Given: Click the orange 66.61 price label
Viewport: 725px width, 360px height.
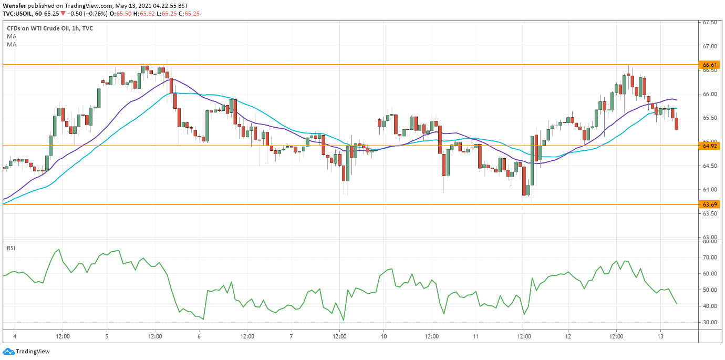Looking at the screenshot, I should pyautogui.click(x=710, y=65).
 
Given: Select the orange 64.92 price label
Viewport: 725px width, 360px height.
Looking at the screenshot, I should pyautogui.click(x=710, y=146).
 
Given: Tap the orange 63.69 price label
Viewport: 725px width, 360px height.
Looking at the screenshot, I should pyautogui.click(x=710, y=204).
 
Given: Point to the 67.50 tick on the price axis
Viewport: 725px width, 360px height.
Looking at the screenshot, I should pyautogui.click(x=710, y=23).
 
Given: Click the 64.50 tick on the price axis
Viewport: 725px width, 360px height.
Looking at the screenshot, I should pyautogui.click(x=710, y=166).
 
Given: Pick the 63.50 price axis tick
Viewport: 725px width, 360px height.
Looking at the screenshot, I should pyautogui.click(x=710, y=213).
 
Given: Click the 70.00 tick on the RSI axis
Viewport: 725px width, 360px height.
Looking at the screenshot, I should pyautogui.click(x=710, y=258).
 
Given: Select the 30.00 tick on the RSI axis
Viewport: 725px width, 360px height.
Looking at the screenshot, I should pyautogui.click(x=710, y=322).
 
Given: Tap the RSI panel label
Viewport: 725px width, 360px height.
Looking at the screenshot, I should pyautogui.click(x=11, y=248).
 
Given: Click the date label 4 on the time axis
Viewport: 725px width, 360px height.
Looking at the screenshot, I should pyautogui.click(x=15, y=336).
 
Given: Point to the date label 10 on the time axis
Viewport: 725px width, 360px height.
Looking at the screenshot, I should pyautogui.click(x=384, y=336).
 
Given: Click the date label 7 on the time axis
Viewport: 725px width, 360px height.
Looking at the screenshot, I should pyautogui.click(x=291, y=336).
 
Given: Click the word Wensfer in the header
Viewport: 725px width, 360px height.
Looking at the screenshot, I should pyautogui.click(x=14, y=6).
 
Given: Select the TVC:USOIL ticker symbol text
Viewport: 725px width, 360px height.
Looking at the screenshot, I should pyautogui.click(x=20, y=13).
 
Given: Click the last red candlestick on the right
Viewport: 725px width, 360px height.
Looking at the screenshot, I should pyautogui.click(x=677, y=124).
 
